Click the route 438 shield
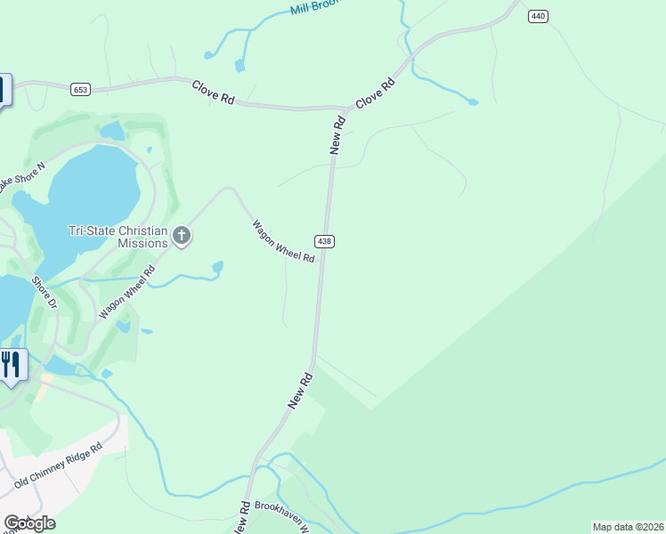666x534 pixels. click(x=324, y=241)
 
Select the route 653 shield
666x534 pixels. click(x=80, y=88)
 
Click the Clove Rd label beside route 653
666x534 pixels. click(x=213, y=93)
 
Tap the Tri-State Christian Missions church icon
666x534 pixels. click(x=182, y=236)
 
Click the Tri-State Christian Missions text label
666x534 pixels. click(x=118, y=237)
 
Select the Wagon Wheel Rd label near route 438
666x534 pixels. click(x=283, y=241)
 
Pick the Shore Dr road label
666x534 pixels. click(x=44, y=293)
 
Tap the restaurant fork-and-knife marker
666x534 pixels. click(x=11, y=364)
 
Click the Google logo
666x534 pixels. click(x=29, y=522)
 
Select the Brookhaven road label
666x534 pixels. click(x=280, y=513)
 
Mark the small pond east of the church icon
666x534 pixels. click(x=217, y=266)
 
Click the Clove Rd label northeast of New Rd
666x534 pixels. click(x=376, y=93)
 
